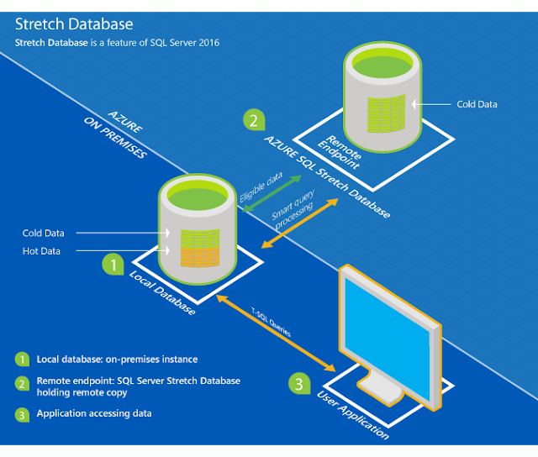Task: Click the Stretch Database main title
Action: pyautogui.click(x=74, y=24)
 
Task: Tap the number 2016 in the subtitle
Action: pyautogui.click(x=209, y=43)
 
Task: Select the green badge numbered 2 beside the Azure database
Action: pyautogui.click(x=254, y=120)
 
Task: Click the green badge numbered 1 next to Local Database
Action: pyautogui.click(x=113, y=264)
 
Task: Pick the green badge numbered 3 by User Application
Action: pyautogui.click(x=299, y=384)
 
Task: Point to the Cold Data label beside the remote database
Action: pyautogui.click(x=477, y=104)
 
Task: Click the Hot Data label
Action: pyautogui.click(x=41, y=251)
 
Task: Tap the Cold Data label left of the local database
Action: pyautogui.click(x=43, y=234)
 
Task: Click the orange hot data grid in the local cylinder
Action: pyautogui.click(x=200, y=256)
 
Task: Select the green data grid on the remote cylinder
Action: pyautogui.click(x=387, y=113)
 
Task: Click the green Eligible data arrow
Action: pyautogui.click(x=272, y=193)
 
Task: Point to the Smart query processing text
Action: pyautogui.click(x=293, y=209)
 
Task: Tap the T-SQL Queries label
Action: pyautogui.click(x=271, y=323)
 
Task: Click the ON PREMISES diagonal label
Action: pyautogui.click(x=115, y=138)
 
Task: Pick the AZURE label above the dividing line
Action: pyautogui.click(x=125, y=122)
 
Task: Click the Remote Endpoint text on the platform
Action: pyautogui.click(x=340, y=152)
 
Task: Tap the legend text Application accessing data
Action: pyautogui.click(x=94, y=413)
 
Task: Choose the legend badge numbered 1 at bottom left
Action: pyautogui.click(x=22, y=360)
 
